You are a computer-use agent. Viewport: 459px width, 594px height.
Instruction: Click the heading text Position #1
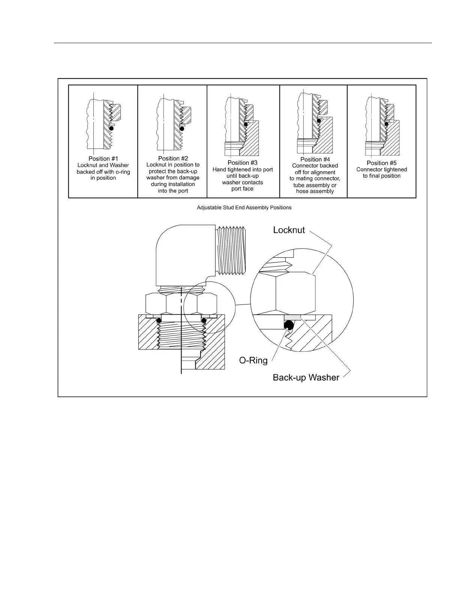(x=103, y=159)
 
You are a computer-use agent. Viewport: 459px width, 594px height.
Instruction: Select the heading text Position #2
(x=173, y=158)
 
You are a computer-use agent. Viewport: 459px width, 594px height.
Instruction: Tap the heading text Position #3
(x=242, y=163)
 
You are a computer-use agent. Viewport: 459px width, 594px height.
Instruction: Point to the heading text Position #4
(x=315, y=159)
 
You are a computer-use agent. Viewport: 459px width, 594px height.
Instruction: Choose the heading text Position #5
(x=381, y=163)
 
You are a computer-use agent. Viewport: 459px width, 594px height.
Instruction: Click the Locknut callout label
(x=289, y=230)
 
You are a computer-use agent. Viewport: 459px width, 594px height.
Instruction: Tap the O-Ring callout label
(x=253, y=361)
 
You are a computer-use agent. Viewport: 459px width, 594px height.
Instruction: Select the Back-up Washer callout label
(x=306, y=377)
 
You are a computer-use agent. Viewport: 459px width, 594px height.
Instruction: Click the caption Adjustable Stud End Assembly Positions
(x=244, y=207)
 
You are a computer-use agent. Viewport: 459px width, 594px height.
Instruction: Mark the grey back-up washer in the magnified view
(x=292, y=318)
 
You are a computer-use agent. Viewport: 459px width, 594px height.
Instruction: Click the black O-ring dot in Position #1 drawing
(x=111, y=128)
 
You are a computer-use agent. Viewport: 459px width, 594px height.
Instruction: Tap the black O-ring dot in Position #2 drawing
(x=182, y=128)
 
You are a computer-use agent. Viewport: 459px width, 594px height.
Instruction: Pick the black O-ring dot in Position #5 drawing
(x=386, y=124)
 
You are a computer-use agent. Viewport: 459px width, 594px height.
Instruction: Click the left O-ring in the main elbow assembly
(x=159, y=321)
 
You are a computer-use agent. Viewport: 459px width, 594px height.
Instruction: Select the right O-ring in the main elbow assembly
(x=204, y=321)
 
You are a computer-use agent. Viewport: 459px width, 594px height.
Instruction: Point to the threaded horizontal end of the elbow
(x=232, y=250)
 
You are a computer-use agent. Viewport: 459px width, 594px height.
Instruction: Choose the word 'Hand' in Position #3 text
(x=219, y=169)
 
